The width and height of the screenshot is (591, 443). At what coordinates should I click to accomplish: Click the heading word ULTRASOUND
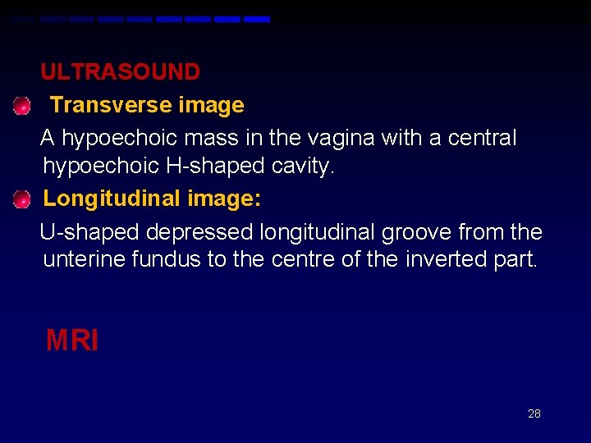click(120, 72)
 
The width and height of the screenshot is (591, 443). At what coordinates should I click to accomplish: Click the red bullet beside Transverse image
click(21, 106)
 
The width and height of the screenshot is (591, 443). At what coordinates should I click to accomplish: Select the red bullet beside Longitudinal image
click(21, 198)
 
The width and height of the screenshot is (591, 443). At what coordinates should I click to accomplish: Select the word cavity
click(303, 167)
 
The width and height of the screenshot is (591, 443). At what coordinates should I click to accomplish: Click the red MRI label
click(72, 340)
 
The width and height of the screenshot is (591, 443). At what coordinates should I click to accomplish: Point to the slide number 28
click(534, 413)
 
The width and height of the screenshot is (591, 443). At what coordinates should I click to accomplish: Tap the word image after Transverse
click(215, 105)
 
